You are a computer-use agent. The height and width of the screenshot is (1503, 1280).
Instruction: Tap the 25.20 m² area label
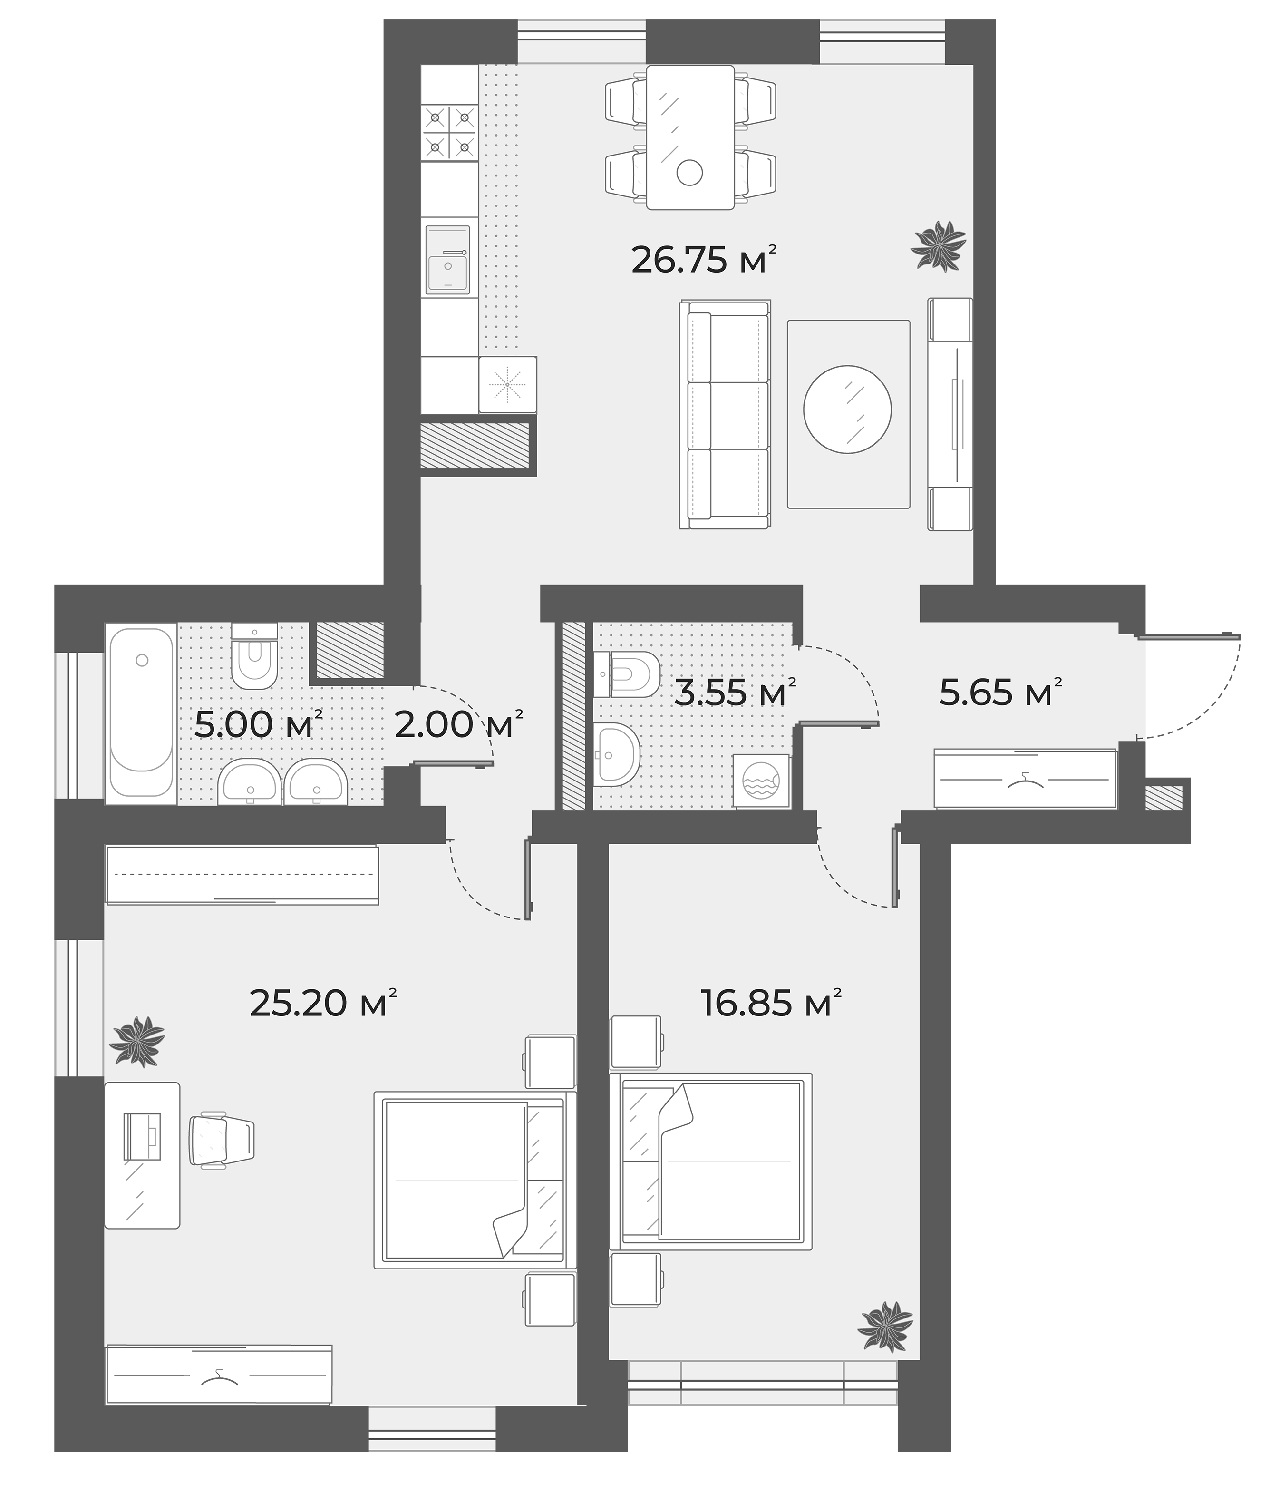[x=323, y=1003]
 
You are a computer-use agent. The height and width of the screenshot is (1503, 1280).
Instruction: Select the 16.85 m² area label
[x=771, y=1003]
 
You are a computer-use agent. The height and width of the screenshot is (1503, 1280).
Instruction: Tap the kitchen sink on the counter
[x=447, y=259]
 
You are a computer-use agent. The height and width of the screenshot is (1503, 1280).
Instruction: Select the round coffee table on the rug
[x=847, y=409]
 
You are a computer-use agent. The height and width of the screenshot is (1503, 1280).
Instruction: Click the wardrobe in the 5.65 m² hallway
[x=1025, y=779]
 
